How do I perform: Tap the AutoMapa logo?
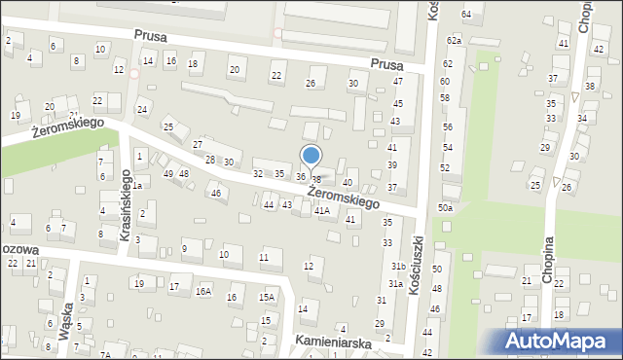point(561,341)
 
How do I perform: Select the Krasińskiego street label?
point(126,198)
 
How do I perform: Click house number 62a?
point(453,41)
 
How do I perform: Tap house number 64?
point(466,14)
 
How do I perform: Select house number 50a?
point(445,208)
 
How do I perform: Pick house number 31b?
point(397,266)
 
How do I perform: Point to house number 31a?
point(395,283)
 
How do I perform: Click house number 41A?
point(321,210)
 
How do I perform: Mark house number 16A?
point(203,290)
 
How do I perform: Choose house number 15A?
point(266,297)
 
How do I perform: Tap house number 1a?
point(138,185)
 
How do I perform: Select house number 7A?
point(105,355)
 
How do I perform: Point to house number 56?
point(448,127)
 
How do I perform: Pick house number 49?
point(167,173)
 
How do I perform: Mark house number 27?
point(197,144)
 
